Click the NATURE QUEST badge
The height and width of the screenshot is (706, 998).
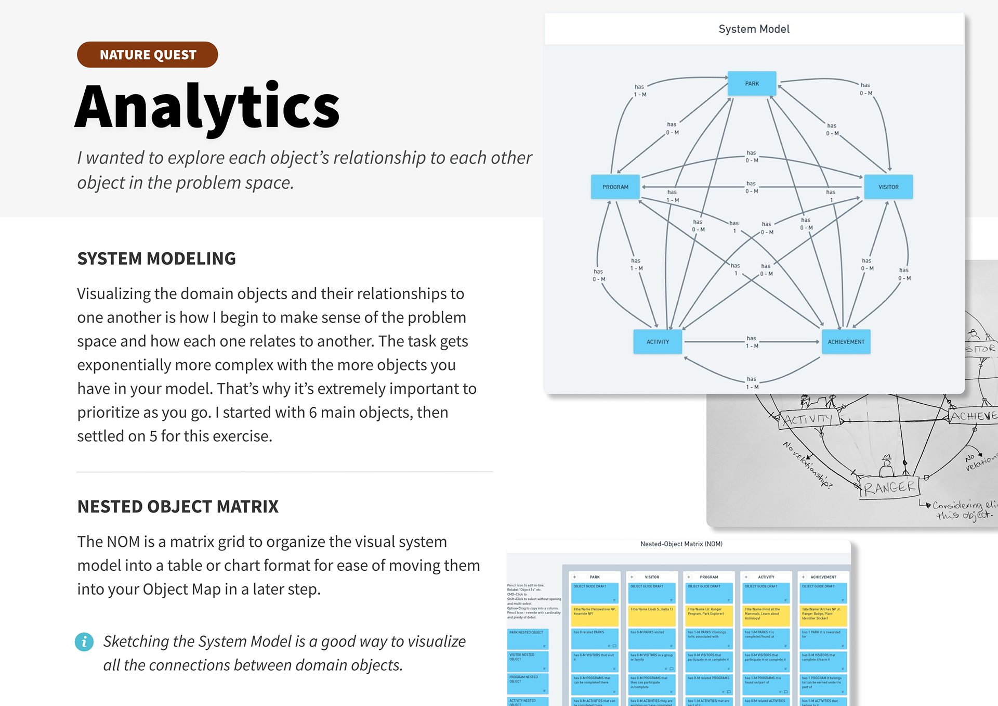point(147,55)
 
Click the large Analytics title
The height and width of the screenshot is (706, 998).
point(207,108)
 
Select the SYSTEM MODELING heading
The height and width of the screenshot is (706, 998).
point(156,259)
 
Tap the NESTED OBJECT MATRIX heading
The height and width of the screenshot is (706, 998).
point(178,507)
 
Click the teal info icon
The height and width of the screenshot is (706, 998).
point(84,641)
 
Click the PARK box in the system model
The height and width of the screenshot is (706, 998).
point(752,84)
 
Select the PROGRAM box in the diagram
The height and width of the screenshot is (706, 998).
point(615,187)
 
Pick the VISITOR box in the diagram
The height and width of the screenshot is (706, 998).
point(888,187)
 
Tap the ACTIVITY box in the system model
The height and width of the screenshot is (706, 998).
point(658,342)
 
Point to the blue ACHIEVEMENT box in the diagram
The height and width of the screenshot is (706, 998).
point(846,342)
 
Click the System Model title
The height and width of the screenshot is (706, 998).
point(754,29)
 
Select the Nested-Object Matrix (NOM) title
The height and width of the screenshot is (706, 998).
point(681,544)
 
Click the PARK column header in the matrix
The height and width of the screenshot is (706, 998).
point(595,577)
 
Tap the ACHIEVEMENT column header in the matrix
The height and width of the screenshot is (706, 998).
point(823,577)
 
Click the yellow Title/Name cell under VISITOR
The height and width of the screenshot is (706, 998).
point(652,615)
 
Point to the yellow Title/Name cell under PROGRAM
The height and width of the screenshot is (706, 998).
point(709,615)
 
